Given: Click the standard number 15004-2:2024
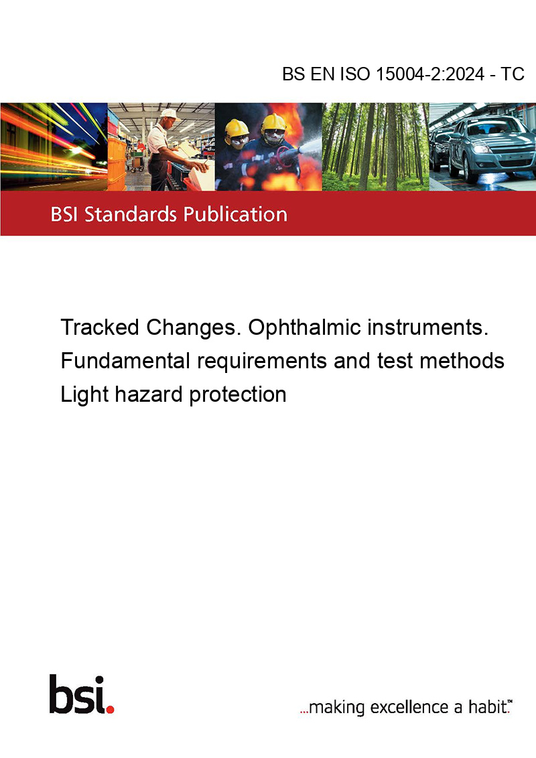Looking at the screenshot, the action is tap(430, 74).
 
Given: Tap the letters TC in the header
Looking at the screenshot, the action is tap(513, 74).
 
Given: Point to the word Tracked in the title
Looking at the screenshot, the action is tap(100, 327).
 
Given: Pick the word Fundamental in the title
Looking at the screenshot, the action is tap(125, 361).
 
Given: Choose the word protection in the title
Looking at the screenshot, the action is tap(238, 395).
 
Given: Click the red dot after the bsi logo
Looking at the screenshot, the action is tap(110, 709).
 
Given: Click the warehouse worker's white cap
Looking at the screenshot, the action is tap(170, 114).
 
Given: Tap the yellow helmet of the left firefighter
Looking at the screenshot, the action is tap(237, 128).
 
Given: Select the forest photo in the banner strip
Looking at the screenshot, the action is tap(375, 147).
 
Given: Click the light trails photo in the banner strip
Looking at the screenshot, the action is tap(54, 147).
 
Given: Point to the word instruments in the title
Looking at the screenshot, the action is tap(428, 327).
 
